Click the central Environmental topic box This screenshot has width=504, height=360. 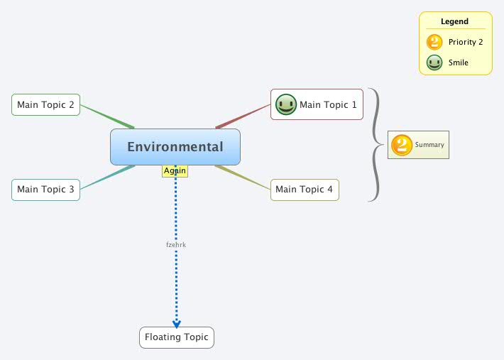(175, 147)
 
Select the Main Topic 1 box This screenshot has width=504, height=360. (317, 104)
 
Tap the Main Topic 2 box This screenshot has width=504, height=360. (45, 104)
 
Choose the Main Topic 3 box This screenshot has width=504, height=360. (45, 190)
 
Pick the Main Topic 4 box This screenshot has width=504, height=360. (304, 190)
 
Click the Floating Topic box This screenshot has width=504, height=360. (176, 337)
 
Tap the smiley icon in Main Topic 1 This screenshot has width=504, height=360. (285, 105)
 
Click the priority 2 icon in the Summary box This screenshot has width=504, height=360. (402, 145)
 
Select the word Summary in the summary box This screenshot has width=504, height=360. (429, 145)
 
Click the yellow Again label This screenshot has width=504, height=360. (175, 170)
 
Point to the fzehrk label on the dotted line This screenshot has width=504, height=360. (175, 245)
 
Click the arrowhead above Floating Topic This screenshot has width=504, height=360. (177, 324)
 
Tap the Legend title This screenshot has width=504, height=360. (454, 21)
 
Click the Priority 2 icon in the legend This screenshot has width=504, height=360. (434, 43)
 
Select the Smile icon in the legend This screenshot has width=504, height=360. (434, 62)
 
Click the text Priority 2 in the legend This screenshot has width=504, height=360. (466, 43)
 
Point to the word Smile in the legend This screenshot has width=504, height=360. (459, 62)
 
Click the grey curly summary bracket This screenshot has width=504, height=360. (376, 145)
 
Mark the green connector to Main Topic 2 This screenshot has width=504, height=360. (106, 117)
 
